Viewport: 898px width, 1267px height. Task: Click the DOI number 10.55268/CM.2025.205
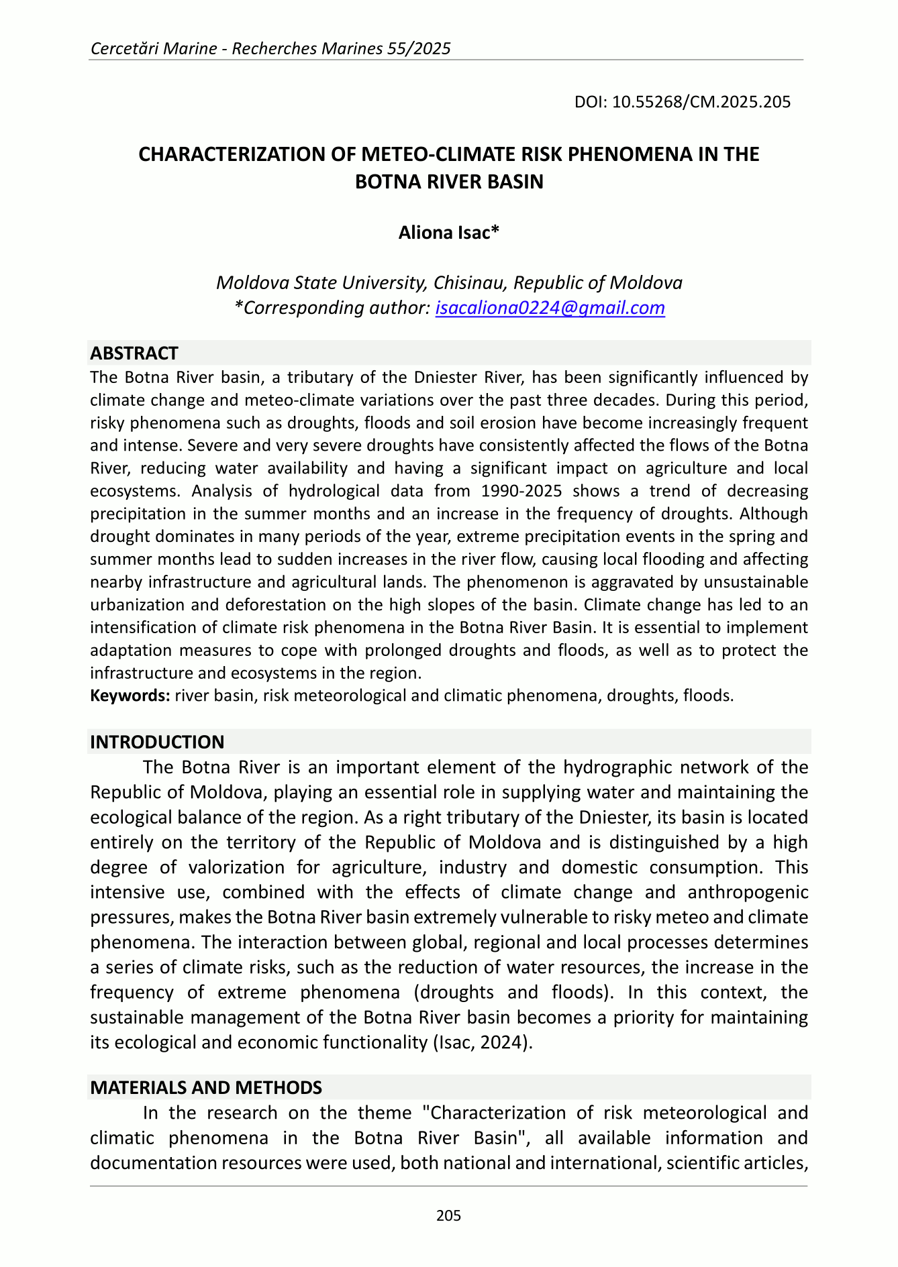(x=701, y=102)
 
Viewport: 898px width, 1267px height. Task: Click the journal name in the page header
(x=270, y=48)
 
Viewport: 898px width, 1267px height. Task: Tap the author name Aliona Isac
(x=448, y=233)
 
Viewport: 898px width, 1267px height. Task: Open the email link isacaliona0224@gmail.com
(x=550, y=308)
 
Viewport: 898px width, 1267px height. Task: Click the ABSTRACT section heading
(x=134, y=353)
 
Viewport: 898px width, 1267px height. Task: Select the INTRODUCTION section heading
(x=157, y=742)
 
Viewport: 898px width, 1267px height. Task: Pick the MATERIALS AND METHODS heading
(x=206, y=1087)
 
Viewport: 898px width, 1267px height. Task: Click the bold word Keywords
(x=130, y=696)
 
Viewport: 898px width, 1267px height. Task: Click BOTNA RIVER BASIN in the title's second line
(x=448, y=182)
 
